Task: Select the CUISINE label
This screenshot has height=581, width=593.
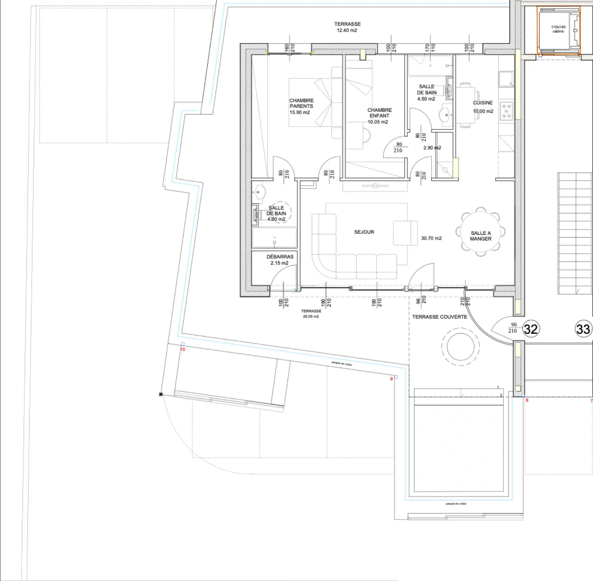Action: coord(483,103)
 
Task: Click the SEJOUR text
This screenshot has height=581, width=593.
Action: coord(364,232)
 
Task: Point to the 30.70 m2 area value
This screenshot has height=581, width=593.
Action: coord(431,238)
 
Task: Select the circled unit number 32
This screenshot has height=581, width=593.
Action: coord(530,329)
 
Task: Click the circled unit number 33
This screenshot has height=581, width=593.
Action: coord(583,329)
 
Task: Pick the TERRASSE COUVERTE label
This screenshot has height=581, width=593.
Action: coord(439,317)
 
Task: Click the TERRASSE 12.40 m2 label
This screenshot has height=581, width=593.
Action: coord(347,27)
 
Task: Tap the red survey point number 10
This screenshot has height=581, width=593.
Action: coord(183,349)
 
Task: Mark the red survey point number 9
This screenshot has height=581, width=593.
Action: coord(391,379)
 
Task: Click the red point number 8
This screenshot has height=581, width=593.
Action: coord(527,400)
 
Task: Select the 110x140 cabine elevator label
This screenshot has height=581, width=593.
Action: coord(558,29)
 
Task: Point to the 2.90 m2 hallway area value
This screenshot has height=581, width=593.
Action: coord(432,148)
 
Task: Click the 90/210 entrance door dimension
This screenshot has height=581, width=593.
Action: coord(513,328)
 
